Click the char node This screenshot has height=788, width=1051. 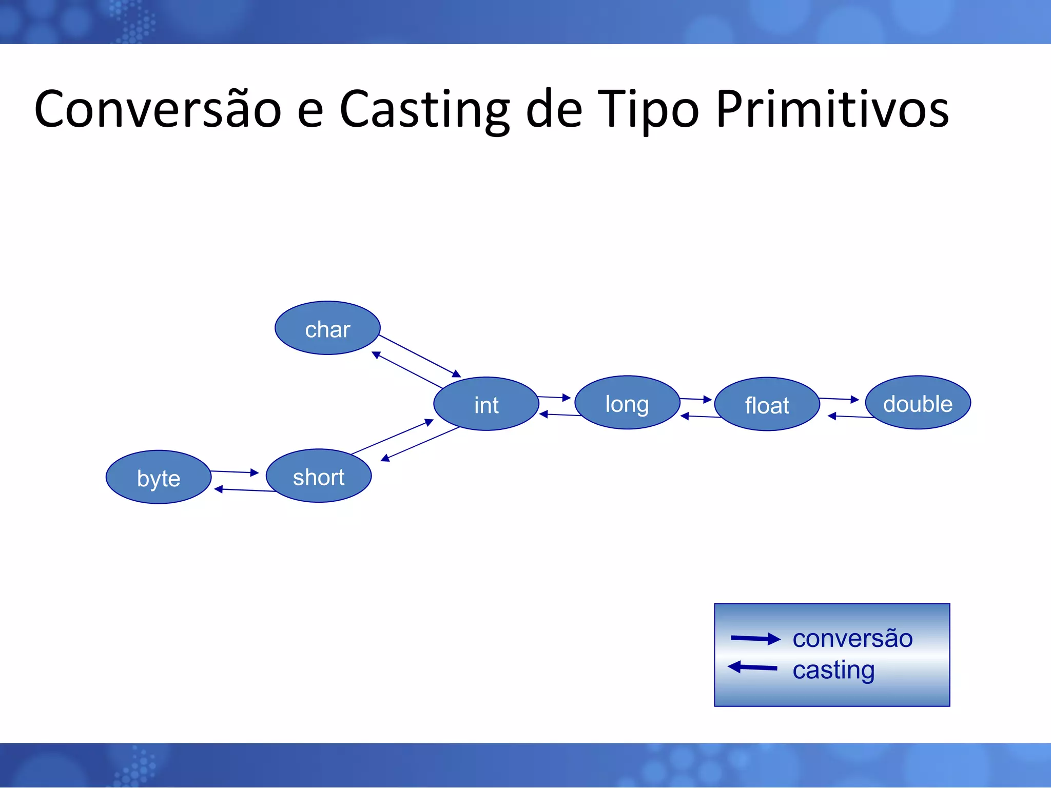[327, 328]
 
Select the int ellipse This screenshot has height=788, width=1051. [486, 404]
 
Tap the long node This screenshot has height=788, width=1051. [627, 403]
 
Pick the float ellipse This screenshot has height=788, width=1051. [767, 405]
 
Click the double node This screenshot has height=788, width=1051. [918, 403]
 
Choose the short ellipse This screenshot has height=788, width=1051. [318, 476]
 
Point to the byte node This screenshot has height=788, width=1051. [158, 478]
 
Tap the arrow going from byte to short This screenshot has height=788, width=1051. [235, 472]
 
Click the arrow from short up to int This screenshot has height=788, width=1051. [392, 437]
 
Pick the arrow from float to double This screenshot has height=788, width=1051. [839, 399]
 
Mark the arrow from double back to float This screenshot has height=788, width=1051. [852, 417]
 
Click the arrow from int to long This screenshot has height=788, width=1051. [554, 397]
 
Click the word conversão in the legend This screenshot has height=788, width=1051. [852, 639]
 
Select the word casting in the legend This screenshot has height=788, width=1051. [833, 670]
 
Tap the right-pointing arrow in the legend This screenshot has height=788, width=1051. [755, 639]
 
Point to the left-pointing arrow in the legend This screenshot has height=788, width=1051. [753, 667]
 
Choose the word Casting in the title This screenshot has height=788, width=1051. [424, 109]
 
